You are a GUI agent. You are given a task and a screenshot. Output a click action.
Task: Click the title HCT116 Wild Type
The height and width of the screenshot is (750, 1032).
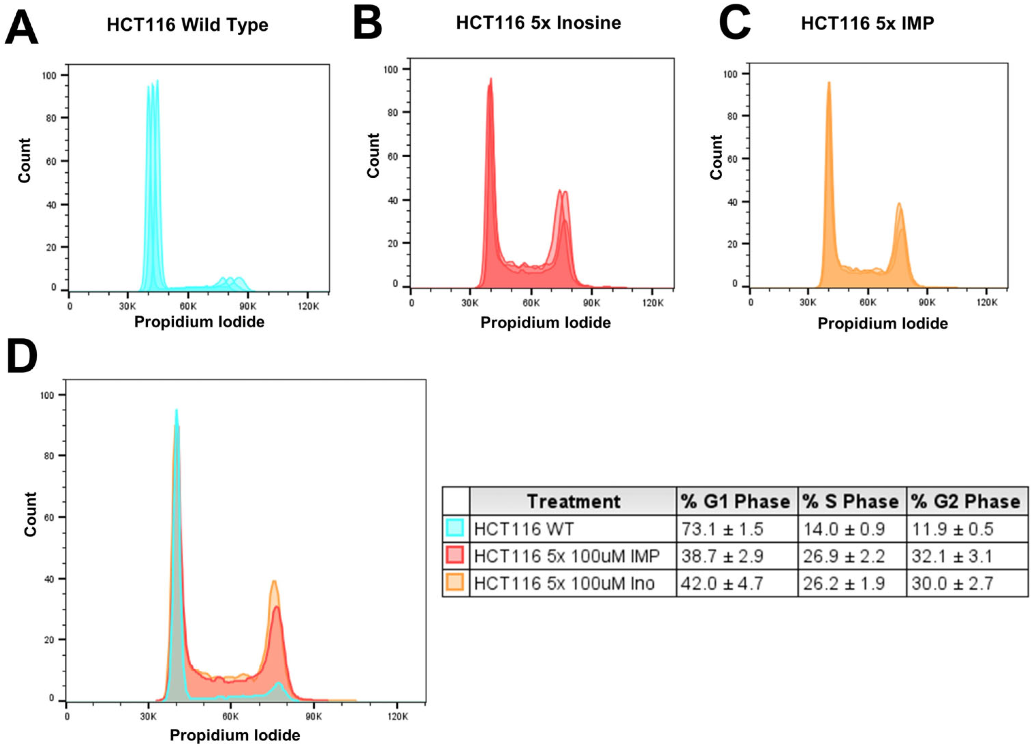[x=188, y=25]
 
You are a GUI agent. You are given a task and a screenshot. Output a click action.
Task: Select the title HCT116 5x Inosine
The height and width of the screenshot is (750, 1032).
[x=539, y=23]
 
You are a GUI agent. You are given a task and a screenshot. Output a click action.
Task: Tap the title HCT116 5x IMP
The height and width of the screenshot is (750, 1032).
[x=868, y=23]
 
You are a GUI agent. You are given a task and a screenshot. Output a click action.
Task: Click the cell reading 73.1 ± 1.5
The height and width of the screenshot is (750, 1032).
[x=722, y=529]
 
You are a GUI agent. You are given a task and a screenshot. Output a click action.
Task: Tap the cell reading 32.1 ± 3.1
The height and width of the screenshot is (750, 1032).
[x=952, y=556]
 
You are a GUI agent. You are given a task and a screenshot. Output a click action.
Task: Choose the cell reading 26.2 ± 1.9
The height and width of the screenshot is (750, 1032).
[x=844, y=583]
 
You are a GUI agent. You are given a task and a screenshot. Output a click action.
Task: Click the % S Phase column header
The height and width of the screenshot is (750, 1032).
[x=851, y=501]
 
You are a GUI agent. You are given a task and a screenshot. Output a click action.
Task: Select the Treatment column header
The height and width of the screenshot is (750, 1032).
[x=573, y=501]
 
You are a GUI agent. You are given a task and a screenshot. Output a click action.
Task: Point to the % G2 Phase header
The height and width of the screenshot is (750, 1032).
[x=966, y=501]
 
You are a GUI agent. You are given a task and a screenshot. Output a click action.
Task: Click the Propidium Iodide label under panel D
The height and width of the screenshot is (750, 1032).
[x=235, y=735]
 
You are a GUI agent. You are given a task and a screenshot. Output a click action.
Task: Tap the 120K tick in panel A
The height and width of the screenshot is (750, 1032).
[x=308, y=306]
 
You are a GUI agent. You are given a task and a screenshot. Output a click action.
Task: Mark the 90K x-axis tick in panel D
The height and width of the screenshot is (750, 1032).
[x=314, y=716]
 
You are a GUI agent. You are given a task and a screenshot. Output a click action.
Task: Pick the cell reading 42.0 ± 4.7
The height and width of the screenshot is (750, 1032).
[x=722, y=583]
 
